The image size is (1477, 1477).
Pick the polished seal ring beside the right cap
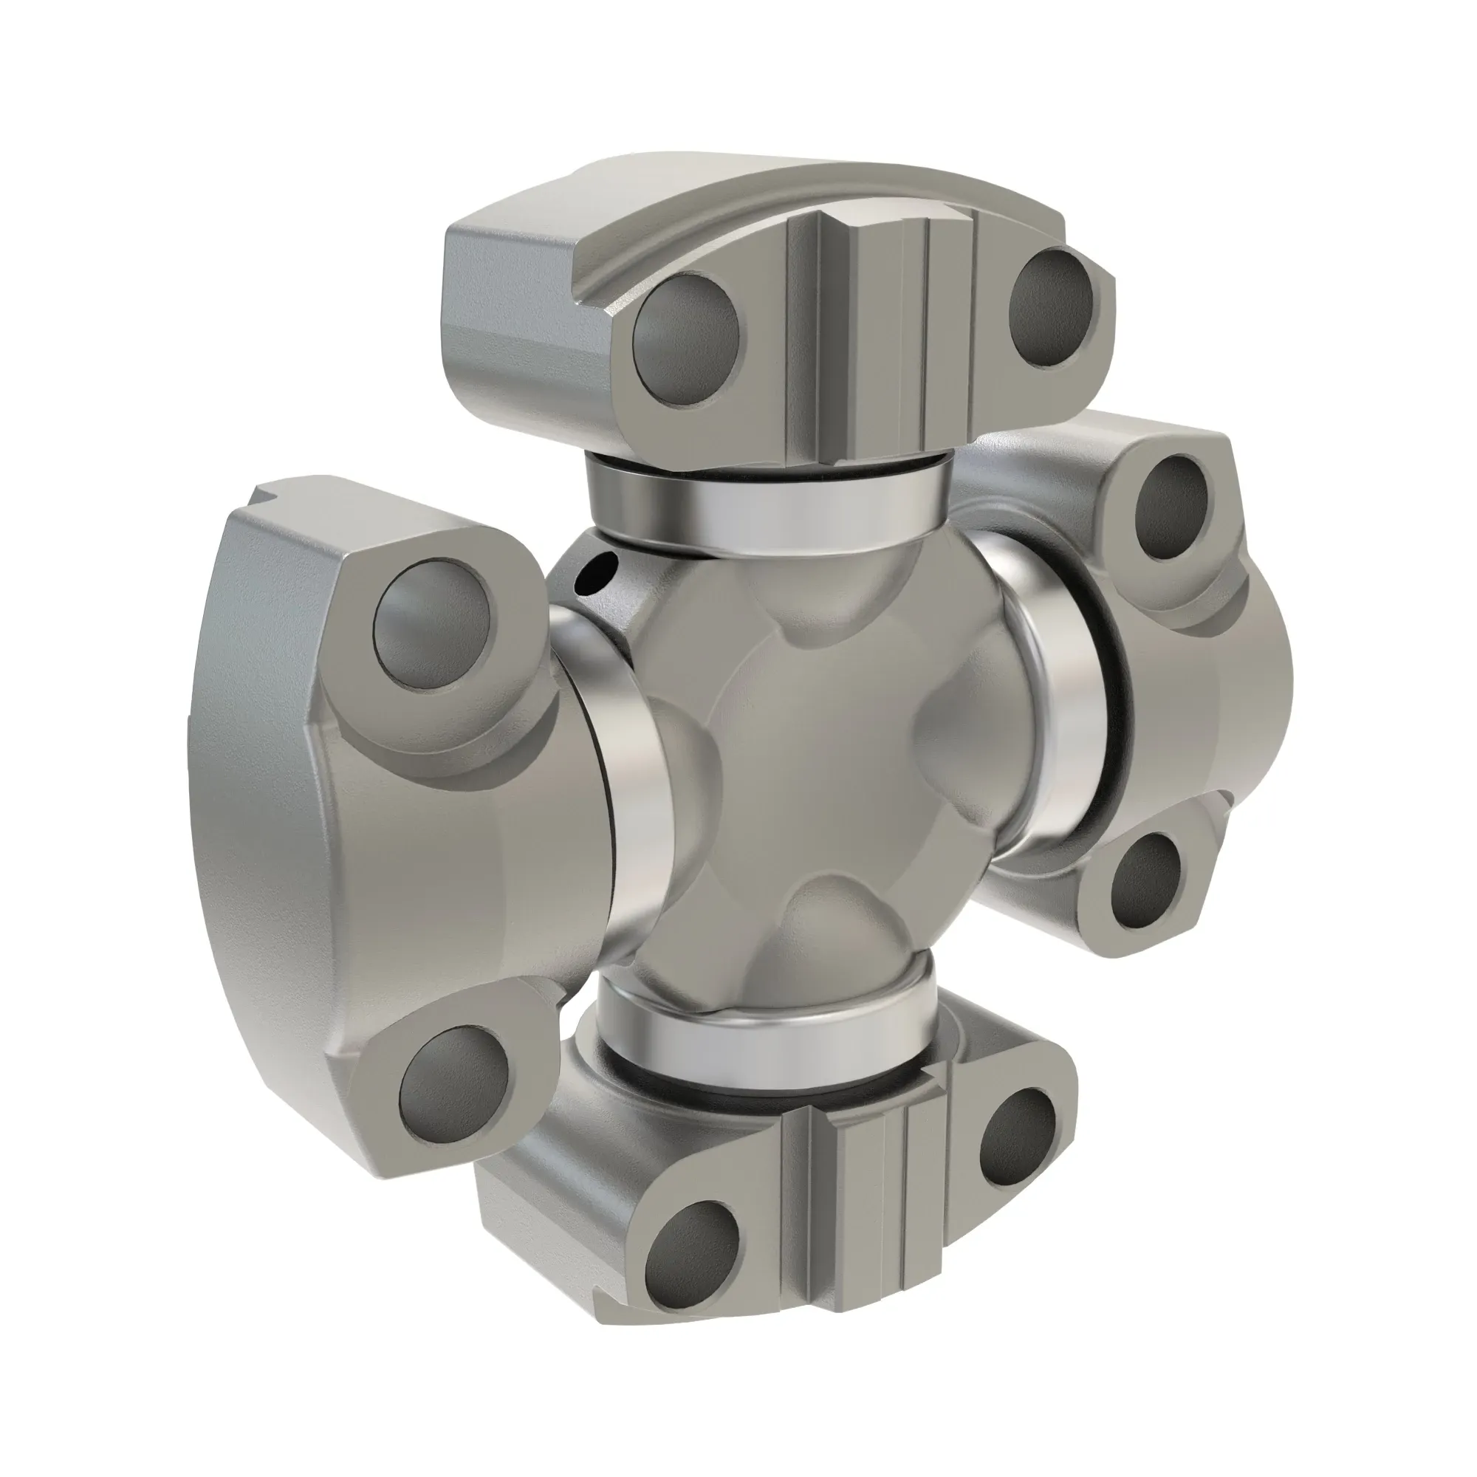[x=1070, y=703]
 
